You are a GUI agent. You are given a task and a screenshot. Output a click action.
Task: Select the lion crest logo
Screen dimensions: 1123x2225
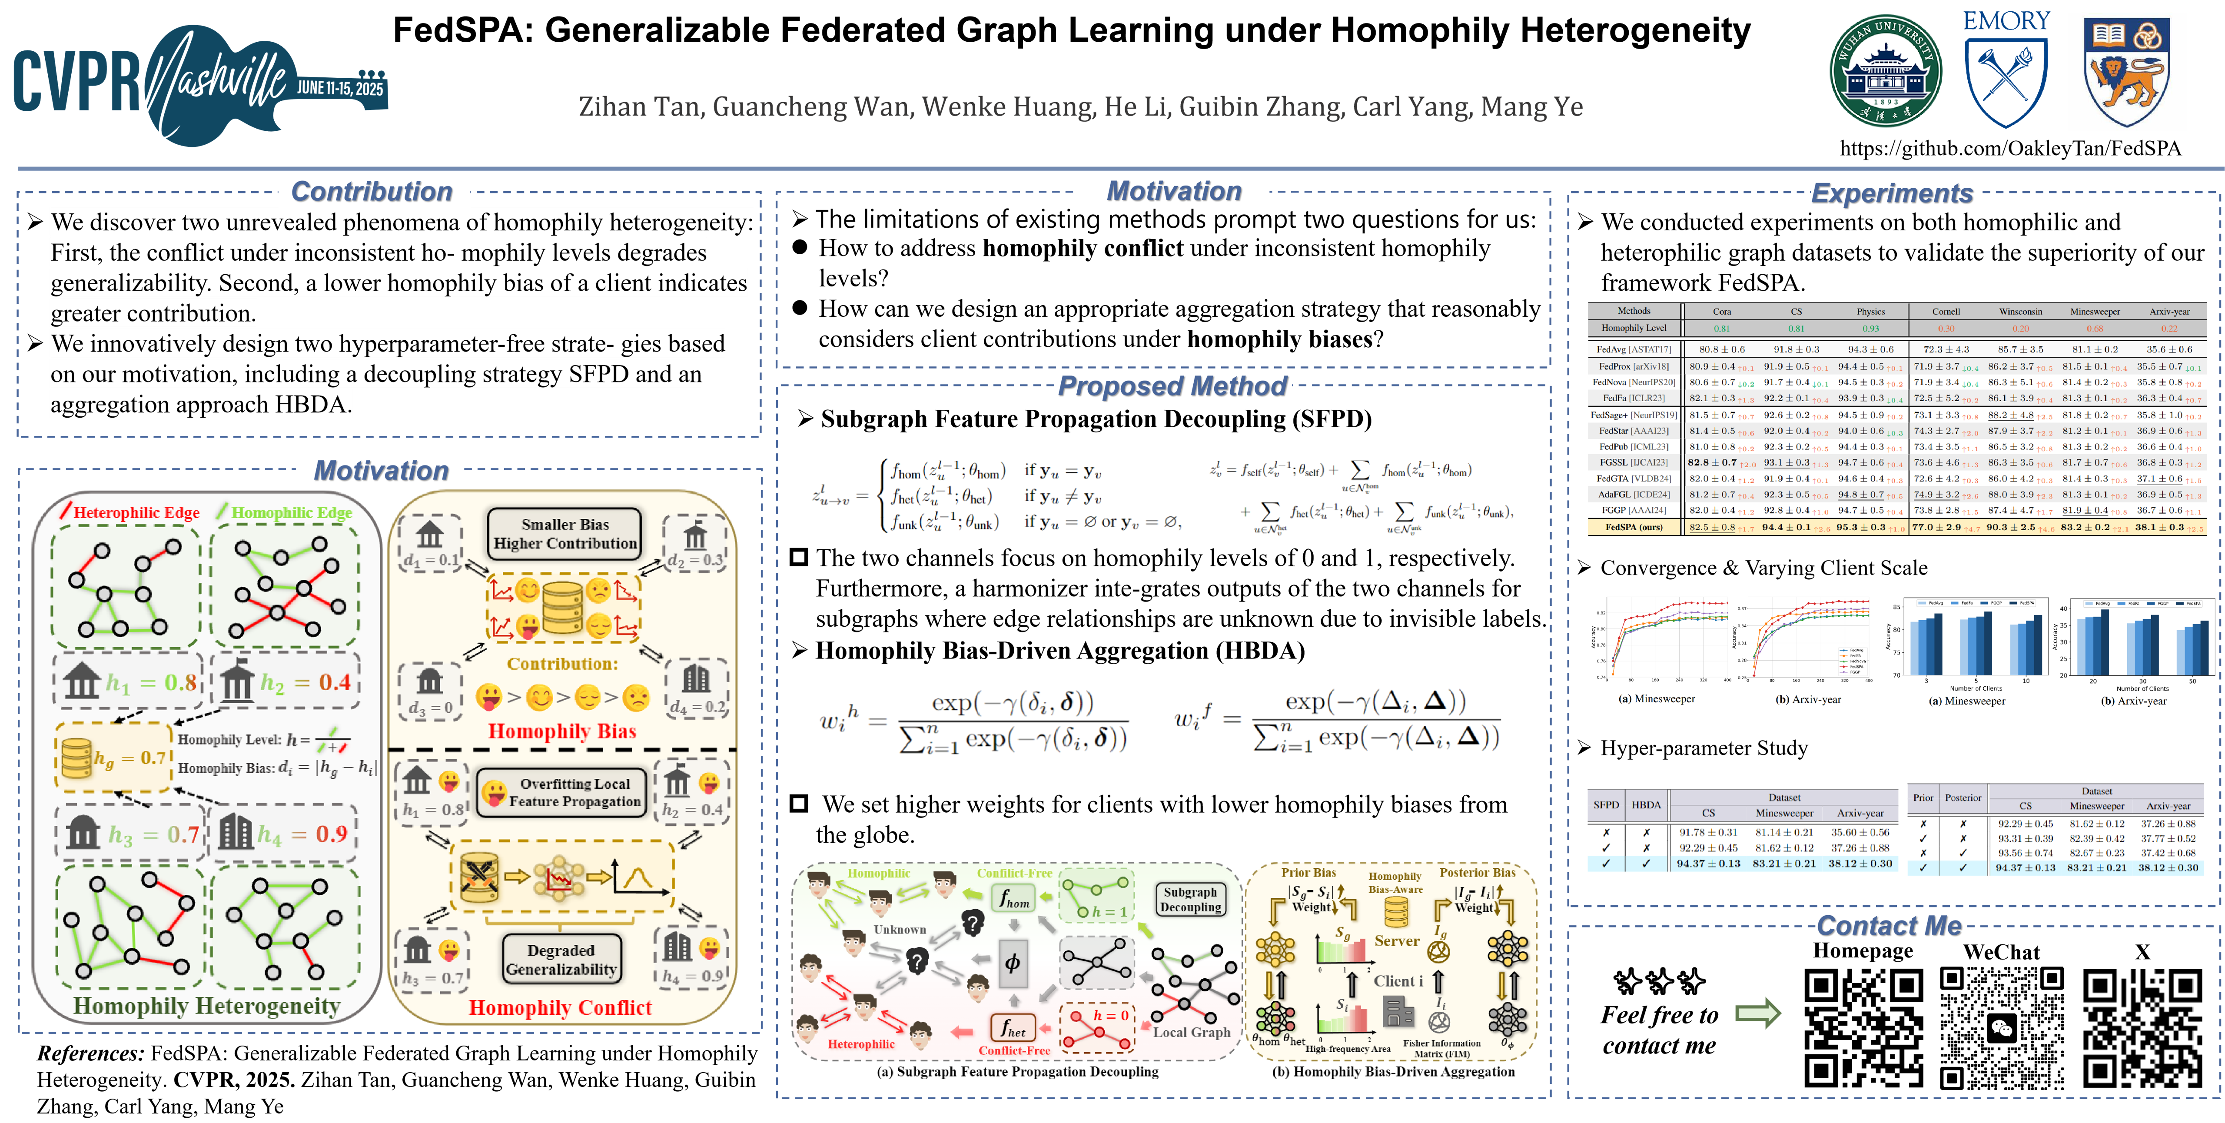(x=2126, y=72)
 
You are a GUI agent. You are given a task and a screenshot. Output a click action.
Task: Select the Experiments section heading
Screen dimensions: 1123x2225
(x=1892, y=193)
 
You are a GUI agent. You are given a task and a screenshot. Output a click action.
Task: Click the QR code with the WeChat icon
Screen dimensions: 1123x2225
(x=2001, y=1027)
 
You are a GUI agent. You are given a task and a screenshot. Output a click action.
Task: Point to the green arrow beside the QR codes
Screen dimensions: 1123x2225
(x=1758, y=1013)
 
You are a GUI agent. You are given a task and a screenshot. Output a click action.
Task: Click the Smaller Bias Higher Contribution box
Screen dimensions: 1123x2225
(x=565, y=533)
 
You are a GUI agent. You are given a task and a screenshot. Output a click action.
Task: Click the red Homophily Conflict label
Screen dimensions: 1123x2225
(x=560, y=1007)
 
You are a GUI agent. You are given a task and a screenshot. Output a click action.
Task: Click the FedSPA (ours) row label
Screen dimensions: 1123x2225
(x=1634, y=527)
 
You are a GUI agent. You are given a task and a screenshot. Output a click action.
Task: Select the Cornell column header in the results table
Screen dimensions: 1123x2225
(x=1945, y=311)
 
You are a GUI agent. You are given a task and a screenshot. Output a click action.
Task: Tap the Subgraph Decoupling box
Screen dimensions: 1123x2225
(x=1190, y=899)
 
